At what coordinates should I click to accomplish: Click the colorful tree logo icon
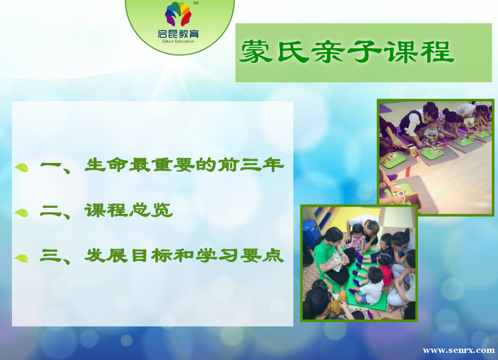[x=178, y=14]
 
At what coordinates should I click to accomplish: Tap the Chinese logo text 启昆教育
[x=178, y=34]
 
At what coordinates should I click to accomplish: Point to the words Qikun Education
[x=178, y=41]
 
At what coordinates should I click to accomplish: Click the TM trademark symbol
[x=196, y=3]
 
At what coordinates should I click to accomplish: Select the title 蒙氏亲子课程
[x=347, y=51]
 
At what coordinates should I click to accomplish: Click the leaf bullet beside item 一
[x=22, y=167]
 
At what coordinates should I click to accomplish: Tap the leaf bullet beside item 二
[x=22, y=213]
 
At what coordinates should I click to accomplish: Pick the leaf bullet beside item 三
[x=22, y=258]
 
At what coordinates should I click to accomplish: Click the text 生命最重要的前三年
[x=184, y=165]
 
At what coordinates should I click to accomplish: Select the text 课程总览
[x=129, y=210]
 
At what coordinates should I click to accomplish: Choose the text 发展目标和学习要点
[x=184, y=256]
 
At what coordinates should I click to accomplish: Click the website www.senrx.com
[x=458, y=350]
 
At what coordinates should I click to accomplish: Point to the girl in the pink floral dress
[x=357, y=238]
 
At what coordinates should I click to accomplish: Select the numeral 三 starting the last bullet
[x=51, y=256]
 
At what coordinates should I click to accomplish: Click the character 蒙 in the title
[x=256, y=51]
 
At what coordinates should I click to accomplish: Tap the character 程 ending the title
[x=437, y=51]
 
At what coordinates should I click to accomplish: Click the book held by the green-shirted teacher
[x=336, y=260]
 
